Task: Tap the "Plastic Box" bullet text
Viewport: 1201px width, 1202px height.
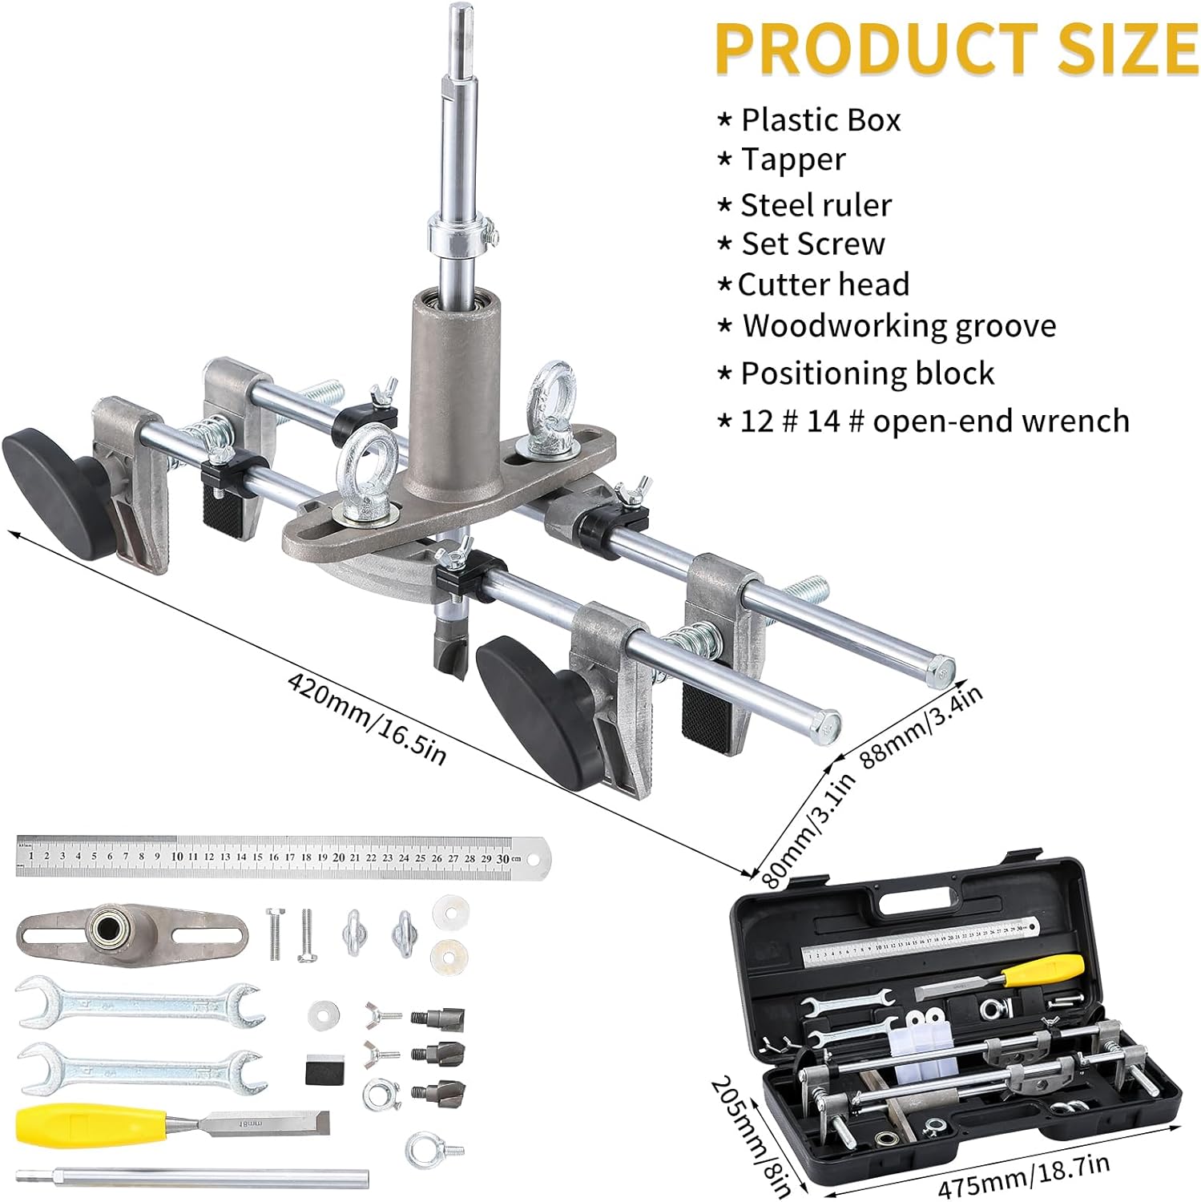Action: tap(820, 120)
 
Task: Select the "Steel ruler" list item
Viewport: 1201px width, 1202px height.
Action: tap(816, 205)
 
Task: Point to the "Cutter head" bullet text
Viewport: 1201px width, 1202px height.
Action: tap(824, 284)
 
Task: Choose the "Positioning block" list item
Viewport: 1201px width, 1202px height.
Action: tap(867, 373)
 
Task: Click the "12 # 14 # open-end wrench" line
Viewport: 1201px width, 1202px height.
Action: tap(934, 421)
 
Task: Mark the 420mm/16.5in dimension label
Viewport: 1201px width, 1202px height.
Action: tap(366, 719)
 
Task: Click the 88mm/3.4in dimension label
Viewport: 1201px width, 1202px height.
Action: tap(921, 727)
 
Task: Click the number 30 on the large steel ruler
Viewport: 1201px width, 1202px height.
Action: tap(502, 857)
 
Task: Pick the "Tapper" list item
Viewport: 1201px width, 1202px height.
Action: tap(792, 159)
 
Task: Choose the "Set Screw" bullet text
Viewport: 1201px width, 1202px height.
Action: tap(812, 244)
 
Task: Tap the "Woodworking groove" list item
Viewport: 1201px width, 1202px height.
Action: tap(898, 326)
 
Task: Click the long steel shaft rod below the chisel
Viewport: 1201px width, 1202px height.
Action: tap(192, 1178)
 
